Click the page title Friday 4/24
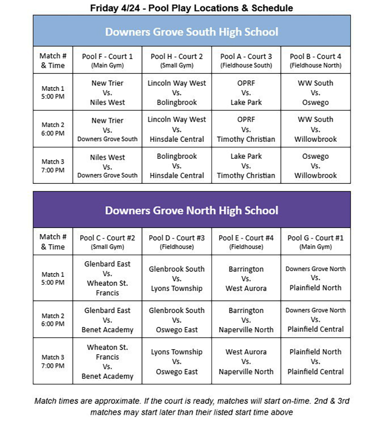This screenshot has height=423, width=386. tap(191, 8)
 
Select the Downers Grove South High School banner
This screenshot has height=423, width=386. tap(191, 32)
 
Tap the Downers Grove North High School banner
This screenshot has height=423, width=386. tap(191, 210)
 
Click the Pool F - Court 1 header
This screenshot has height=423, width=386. tap(107, 60)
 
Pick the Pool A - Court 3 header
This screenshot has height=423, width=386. tap(246, 60)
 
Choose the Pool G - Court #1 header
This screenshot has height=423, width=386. tap(315, 241)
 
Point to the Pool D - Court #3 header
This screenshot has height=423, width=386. tap(176, 241)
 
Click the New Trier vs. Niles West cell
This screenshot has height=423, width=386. tap(107, 93)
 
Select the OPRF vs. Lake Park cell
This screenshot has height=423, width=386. tap(246, 93)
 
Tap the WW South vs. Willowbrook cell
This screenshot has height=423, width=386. tap(315, 129)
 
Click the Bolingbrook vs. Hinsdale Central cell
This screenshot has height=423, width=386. tap(176, 166)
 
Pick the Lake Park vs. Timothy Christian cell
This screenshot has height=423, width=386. tap(246, 166)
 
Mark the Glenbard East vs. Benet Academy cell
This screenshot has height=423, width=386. tap(107, 320)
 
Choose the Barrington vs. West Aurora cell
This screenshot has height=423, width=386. tap(246, 279)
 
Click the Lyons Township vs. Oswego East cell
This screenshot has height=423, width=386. tap(176, 362)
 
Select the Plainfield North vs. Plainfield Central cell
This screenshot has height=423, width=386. tap(315, 362)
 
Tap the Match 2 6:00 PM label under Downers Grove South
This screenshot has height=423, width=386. tap(53, 129)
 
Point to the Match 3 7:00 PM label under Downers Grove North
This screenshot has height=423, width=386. tap(53, 361)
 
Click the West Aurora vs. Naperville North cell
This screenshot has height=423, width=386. tap(246, 362)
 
